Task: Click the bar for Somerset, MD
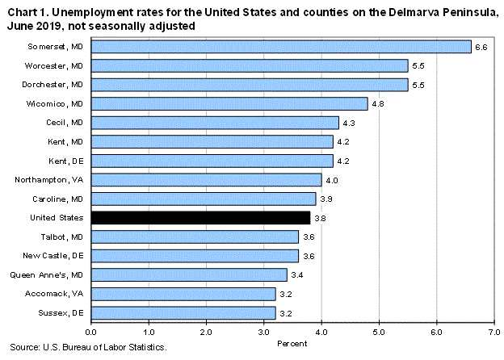(281, 47)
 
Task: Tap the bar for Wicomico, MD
(229, 103)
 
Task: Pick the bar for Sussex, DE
(183, 312)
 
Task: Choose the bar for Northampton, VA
(206, 179)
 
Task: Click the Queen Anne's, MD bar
(189, 274)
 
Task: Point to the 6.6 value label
(481, 48)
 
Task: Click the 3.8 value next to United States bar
(319, 218)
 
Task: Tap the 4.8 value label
(377, 104)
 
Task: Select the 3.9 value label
(325, 199)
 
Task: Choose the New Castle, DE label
(57, 255)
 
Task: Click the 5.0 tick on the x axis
(379, 331)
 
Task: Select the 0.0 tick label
(91, 331)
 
